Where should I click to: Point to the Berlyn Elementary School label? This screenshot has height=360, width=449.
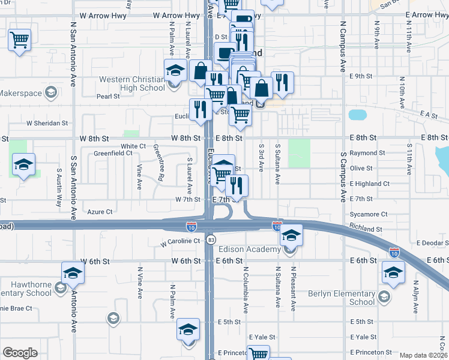coord(341,298)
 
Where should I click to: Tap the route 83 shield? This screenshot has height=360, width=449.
coord(211,239)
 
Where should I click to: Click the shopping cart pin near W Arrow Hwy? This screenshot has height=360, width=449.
coord(20,40)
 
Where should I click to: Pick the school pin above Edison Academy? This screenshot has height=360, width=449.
coord(292,234)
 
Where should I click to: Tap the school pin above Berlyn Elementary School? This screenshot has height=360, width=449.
coord(393,273)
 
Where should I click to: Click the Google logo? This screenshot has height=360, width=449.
coord(20,353)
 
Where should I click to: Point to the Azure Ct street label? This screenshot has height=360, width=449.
coord(100,212)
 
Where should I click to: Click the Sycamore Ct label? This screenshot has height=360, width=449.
coord(368,214)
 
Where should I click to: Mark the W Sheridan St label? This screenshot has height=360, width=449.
coord(47,123)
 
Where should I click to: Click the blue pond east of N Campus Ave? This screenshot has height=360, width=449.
coord(357,115)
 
